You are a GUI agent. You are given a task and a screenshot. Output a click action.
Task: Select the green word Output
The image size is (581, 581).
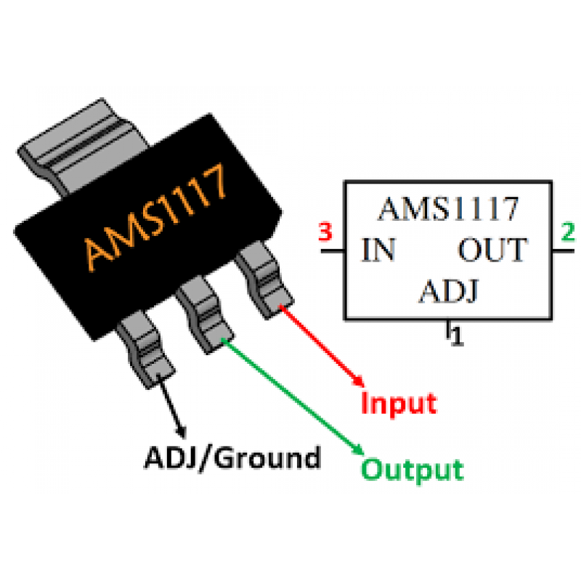point(412,469)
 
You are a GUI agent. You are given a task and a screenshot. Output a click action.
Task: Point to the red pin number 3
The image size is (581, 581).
point(325,234)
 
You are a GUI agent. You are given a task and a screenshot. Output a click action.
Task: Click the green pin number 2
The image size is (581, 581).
point(567,234)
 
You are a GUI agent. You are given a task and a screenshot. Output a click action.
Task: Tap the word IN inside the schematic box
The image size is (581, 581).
point(378,251)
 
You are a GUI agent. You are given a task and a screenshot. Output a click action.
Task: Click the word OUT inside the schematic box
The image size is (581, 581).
point(491,251)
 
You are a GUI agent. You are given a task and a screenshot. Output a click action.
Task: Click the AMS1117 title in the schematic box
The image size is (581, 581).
point(448,210)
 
